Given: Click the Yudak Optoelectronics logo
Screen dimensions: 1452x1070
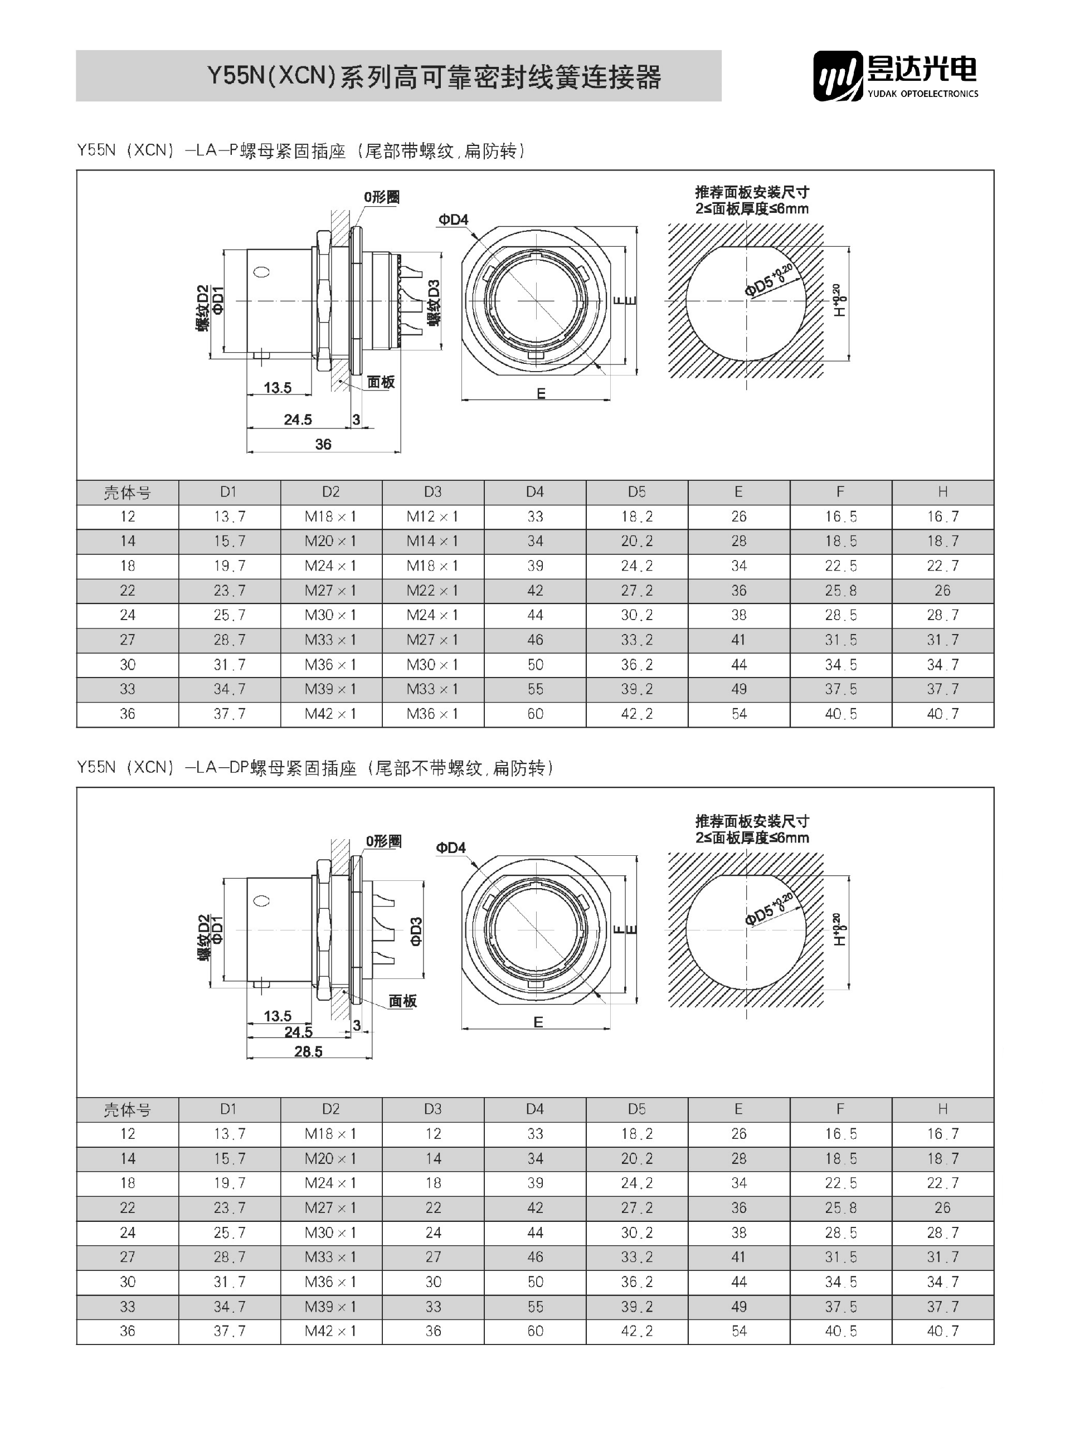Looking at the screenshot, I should coord(895,76).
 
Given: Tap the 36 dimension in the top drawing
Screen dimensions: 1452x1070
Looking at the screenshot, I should coord(323,444).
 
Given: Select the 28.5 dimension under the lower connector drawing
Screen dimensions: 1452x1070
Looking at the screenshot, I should coord(308,1052).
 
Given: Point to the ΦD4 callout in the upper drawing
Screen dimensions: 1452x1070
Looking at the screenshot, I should coord(454,220).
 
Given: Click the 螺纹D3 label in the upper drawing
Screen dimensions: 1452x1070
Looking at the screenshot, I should coord(434,303).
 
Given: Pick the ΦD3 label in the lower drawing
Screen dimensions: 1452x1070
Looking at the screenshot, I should coord(416,931).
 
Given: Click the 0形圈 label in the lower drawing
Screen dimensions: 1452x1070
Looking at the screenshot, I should coord(383,841).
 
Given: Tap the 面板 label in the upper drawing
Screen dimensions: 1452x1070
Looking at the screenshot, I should coord(381,382).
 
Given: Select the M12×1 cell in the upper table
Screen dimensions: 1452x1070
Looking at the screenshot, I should coord(432,517).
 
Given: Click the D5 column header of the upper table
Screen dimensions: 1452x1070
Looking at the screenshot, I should coord(636,492).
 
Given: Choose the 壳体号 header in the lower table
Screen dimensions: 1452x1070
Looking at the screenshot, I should coord(128,1110).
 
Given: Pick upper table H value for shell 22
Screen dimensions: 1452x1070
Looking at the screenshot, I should coord(942,591).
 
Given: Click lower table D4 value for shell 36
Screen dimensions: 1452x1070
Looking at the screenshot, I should coord(535,1331).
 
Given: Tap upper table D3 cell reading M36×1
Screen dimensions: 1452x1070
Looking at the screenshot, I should coord(432,714).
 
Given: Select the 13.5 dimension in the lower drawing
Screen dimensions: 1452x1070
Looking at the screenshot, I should coord(278,1016).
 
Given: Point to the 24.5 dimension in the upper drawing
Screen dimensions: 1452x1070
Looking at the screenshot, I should coord(298,420).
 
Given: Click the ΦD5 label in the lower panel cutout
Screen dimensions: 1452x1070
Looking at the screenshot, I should coord(759,913).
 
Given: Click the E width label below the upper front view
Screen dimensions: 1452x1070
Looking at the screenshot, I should coord(541,394).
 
